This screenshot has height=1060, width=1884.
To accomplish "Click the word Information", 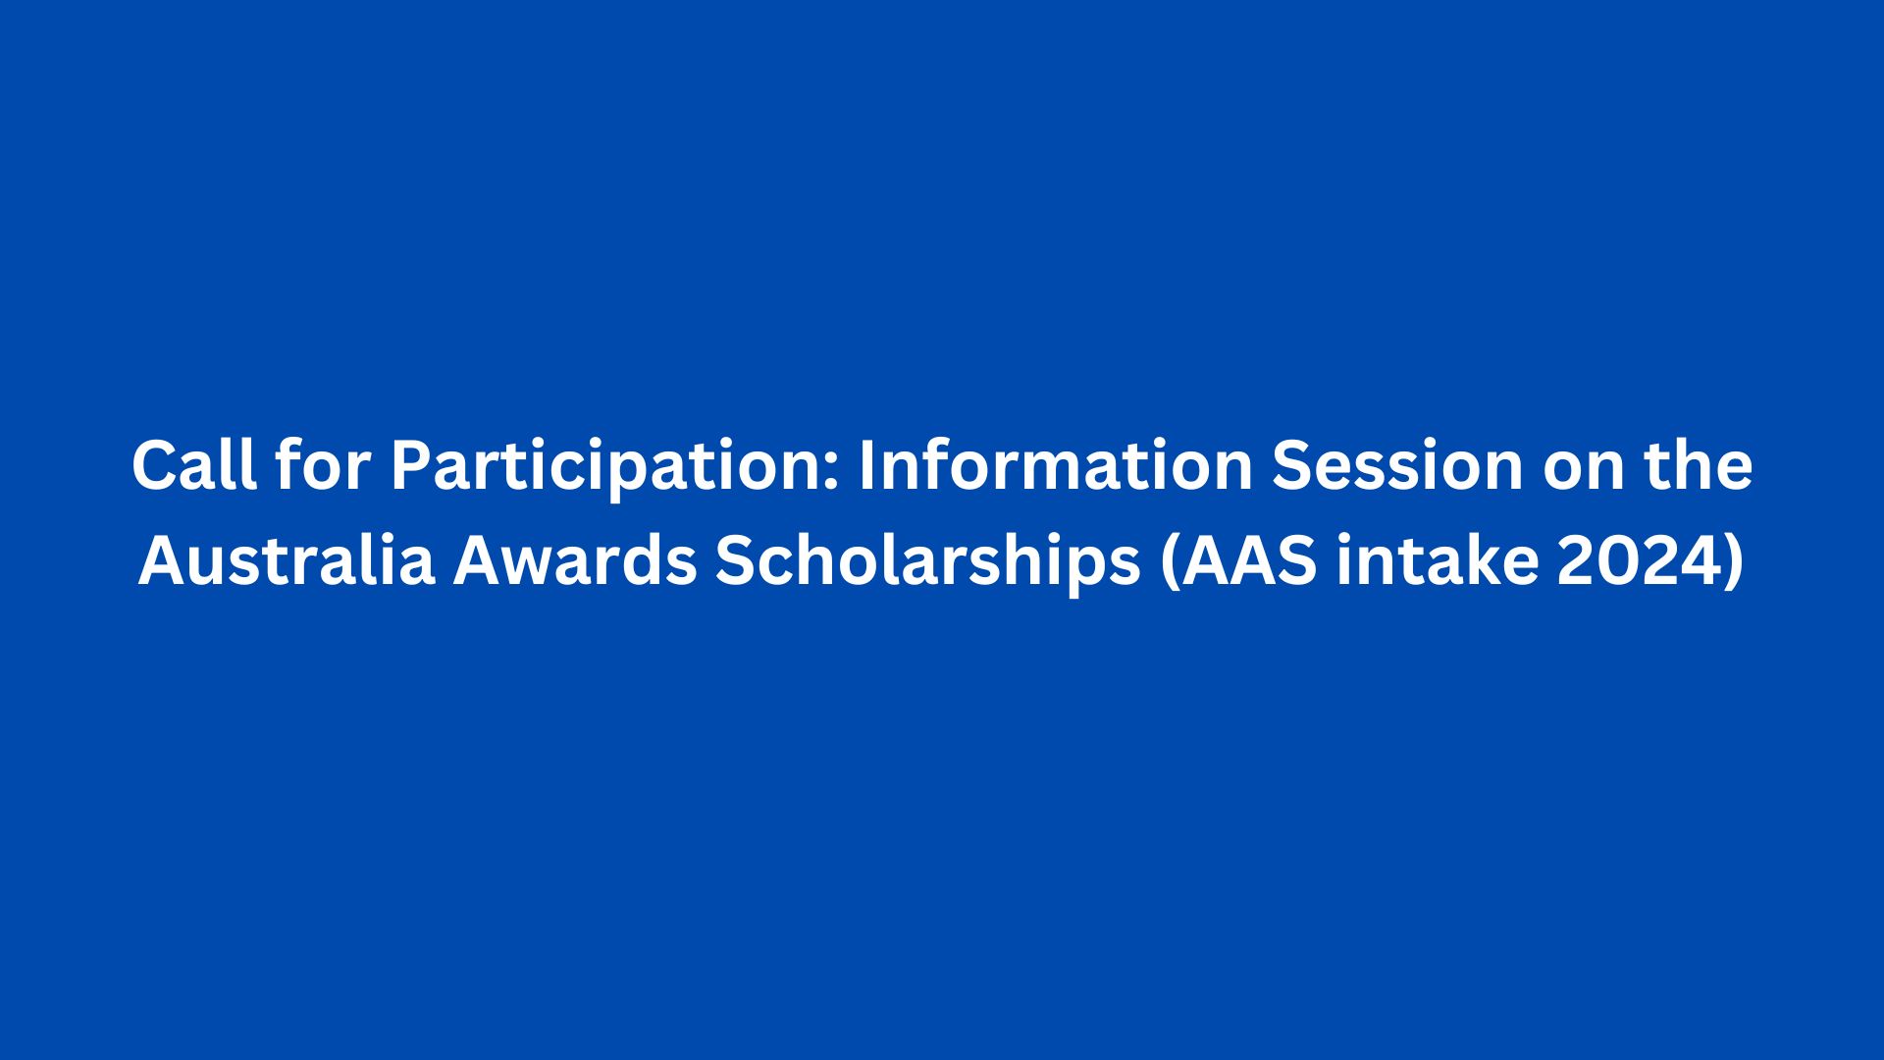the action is click(1056, 466).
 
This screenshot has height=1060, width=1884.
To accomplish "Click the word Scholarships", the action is click(928, 568).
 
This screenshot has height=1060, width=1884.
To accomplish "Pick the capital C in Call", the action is click(156, 466).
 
